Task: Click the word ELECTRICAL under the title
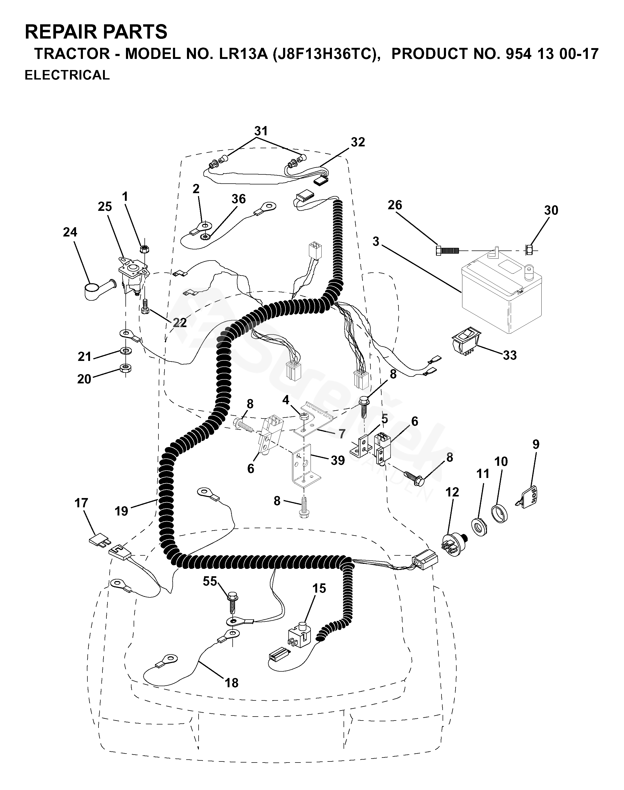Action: point(67,75)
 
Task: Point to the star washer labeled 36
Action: point(205,237)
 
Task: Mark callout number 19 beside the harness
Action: point(122,511)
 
